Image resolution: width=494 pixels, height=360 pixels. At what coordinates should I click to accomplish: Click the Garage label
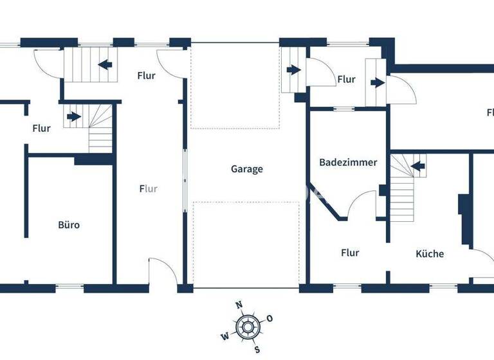point(247,170)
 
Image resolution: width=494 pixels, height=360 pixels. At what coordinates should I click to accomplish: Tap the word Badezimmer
point(348,163)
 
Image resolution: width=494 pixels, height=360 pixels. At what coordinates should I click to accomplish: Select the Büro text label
point(69,225)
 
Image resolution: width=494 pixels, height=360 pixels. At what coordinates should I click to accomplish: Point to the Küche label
point(429,254)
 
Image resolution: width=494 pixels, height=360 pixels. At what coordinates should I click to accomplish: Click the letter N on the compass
point(239,305)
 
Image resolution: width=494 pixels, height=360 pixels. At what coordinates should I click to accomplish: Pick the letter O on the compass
point(270,318)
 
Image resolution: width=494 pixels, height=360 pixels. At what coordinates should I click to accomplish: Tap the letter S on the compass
point(257,350)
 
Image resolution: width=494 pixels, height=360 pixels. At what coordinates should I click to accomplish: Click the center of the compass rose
point(248,327)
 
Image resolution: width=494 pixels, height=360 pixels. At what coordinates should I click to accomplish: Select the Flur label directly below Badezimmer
point(350,253)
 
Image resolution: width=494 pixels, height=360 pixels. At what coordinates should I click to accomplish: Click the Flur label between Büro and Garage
point(149,189)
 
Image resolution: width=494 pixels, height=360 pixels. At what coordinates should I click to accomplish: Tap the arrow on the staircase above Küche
point(419,167)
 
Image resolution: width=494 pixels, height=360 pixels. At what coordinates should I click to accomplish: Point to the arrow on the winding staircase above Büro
point(74,117)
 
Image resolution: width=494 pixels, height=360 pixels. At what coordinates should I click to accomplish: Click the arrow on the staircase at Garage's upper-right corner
point(294,69)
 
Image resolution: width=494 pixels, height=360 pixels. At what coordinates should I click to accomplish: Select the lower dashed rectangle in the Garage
point(246,244)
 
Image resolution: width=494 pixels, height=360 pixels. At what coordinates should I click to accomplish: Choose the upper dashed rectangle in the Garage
point(235,85)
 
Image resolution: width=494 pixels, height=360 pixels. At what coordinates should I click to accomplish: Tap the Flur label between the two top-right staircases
point(346,80)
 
